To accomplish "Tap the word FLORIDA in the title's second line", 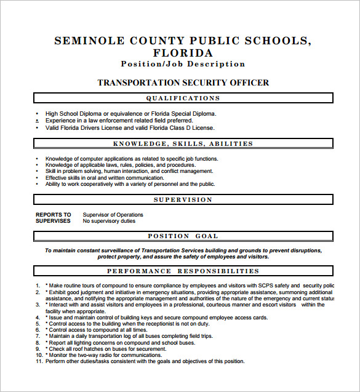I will coord(183,53).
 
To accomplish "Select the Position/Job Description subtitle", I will coord(183,64).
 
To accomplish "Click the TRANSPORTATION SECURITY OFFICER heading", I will coord(183,82).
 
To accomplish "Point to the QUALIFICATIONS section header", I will coord(183,98).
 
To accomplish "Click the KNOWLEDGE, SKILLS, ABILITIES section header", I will coord(183,144).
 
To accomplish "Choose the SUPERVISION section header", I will coord(183,200).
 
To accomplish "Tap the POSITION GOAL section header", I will coord(183,236).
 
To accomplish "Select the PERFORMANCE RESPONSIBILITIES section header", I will coord(183,271).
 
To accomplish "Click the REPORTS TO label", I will coord(54,215).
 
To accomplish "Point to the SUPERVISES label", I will coord(53,221).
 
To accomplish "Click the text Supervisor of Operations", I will coord(113,215).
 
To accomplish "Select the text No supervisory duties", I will coord(109,221).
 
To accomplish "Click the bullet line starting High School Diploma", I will coord(130,114).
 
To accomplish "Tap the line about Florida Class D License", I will coord(130,128).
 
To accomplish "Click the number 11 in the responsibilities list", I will coord(38,361).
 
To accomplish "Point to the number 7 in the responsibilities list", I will coord(38,336).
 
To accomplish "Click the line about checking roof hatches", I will coord(104,349).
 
